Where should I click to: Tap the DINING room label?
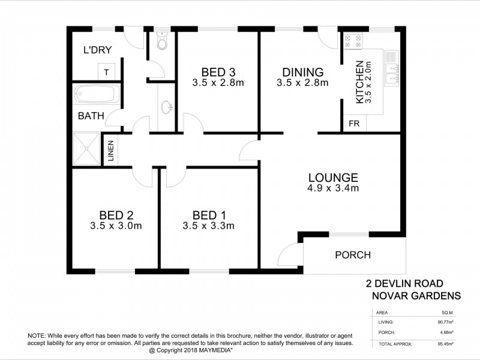click(x=303, y=71)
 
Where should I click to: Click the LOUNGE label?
click(x=333, y=178)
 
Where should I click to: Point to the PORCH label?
click(x=352, y=255)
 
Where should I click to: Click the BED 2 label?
click(x=115, y=215)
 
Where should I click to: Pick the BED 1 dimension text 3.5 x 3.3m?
click(x=208, y=226)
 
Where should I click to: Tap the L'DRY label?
click(x=95, y=51)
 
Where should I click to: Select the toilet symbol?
click(x=161, y=42)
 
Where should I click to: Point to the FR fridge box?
click(x=353, y=124)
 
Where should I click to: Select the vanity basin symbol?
click(x=166, y=107)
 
